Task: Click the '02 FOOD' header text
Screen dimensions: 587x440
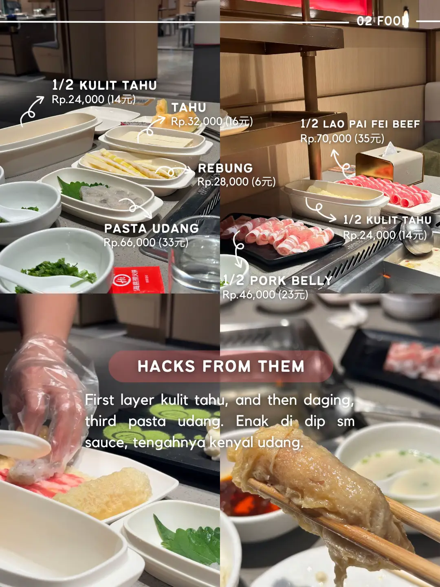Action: pyautogui.click(x=382, y=21)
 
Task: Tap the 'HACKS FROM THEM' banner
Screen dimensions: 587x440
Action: pyautogui.click(x=221, y=366)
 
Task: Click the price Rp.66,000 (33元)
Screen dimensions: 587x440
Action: pyautogui.click(x=146, y=243)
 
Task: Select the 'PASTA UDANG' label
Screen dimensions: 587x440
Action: pyautogui.click(x=152, y=228)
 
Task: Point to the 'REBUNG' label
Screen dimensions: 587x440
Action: pyautogui.click(x=225, y=168)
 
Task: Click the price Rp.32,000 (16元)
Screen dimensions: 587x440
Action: pyautogui.click(x=212, y=121)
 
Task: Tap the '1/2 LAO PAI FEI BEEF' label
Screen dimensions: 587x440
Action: pyautogui.click(x=360, y=124)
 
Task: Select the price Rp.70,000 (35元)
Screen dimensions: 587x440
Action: pyautogui.click(x=342, y=139)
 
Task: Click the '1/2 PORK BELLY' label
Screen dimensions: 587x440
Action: pyautogui.click(x=278, y=280)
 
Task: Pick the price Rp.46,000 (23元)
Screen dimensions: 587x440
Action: pyautogui.click(x=265, y=295)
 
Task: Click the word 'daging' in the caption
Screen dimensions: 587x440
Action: pyautogui.click(x=329, y=400)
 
